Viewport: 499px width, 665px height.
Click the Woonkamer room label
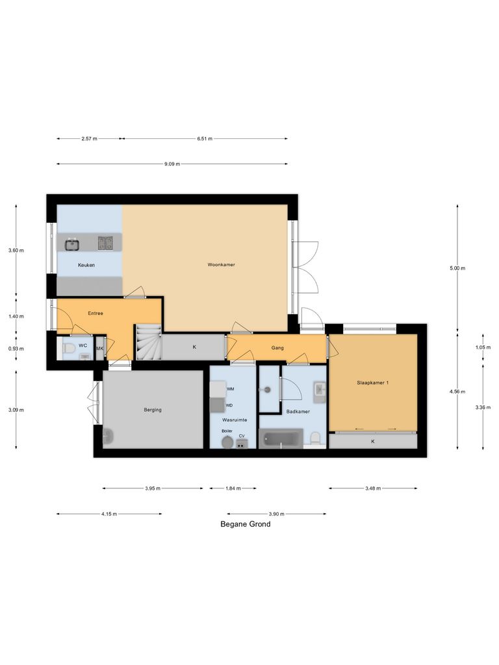coord(221,265)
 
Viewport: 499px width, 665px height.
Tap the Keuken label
coord(86,265)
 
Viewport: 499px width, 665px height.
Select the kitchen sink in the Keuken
coord(71,244)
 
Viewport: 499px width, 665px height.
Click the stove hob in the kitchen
coord(105,244)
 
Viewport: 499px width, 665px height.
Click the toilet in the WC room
coord(68,349)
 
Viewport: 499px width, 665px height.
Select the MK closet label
coord(100,349)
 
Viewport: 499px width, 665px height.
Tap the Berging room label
coord(153,410)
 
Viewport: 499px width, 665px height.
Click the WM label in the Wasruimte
coord(230,388)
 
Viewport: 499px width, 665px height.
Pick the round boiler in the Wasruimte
coord(227,442)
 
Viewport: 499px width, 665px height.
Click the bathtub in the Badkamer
coord(281,438)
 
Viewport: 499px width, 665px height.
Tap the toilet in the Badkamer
coord(315,440)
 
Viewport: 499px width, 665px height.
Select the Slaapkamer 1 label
coord(372,383)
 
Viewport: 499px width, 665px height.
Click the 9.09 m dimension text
coord(172,164)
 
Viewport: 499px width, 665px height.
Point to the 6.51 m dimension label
coord(205,138)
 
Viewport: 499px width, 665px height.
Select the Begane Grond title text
coord(245,524)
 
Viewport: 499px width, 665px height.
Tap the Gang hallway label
coord(277,347)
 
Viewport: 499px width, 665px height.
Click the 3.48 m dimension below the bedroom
coord(372,488)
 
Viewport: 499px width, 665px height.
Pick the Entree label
coord(96,313)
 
